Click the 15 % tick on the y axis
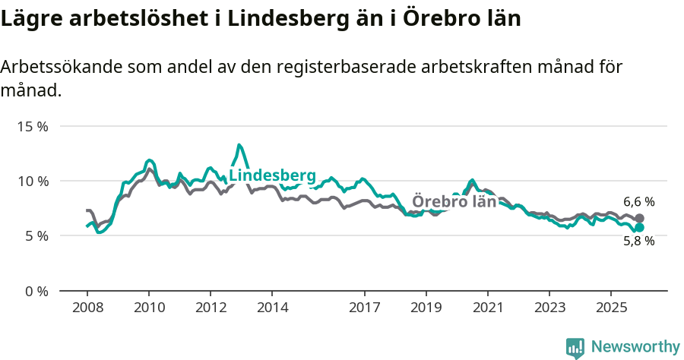click(x=32, y=126)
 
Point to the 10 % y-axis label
click(x=32, y=181)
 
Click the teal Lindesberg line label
click(x=272, y=176)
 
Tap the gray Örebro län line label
click(x=454, y=202)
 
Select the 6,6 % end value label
click(x=639, y=202)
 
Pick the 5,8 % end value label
click(x=639, y=242)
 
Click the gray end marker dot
click(x=639, y=219)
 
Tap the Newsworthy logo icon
click(x=575, y=348)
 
